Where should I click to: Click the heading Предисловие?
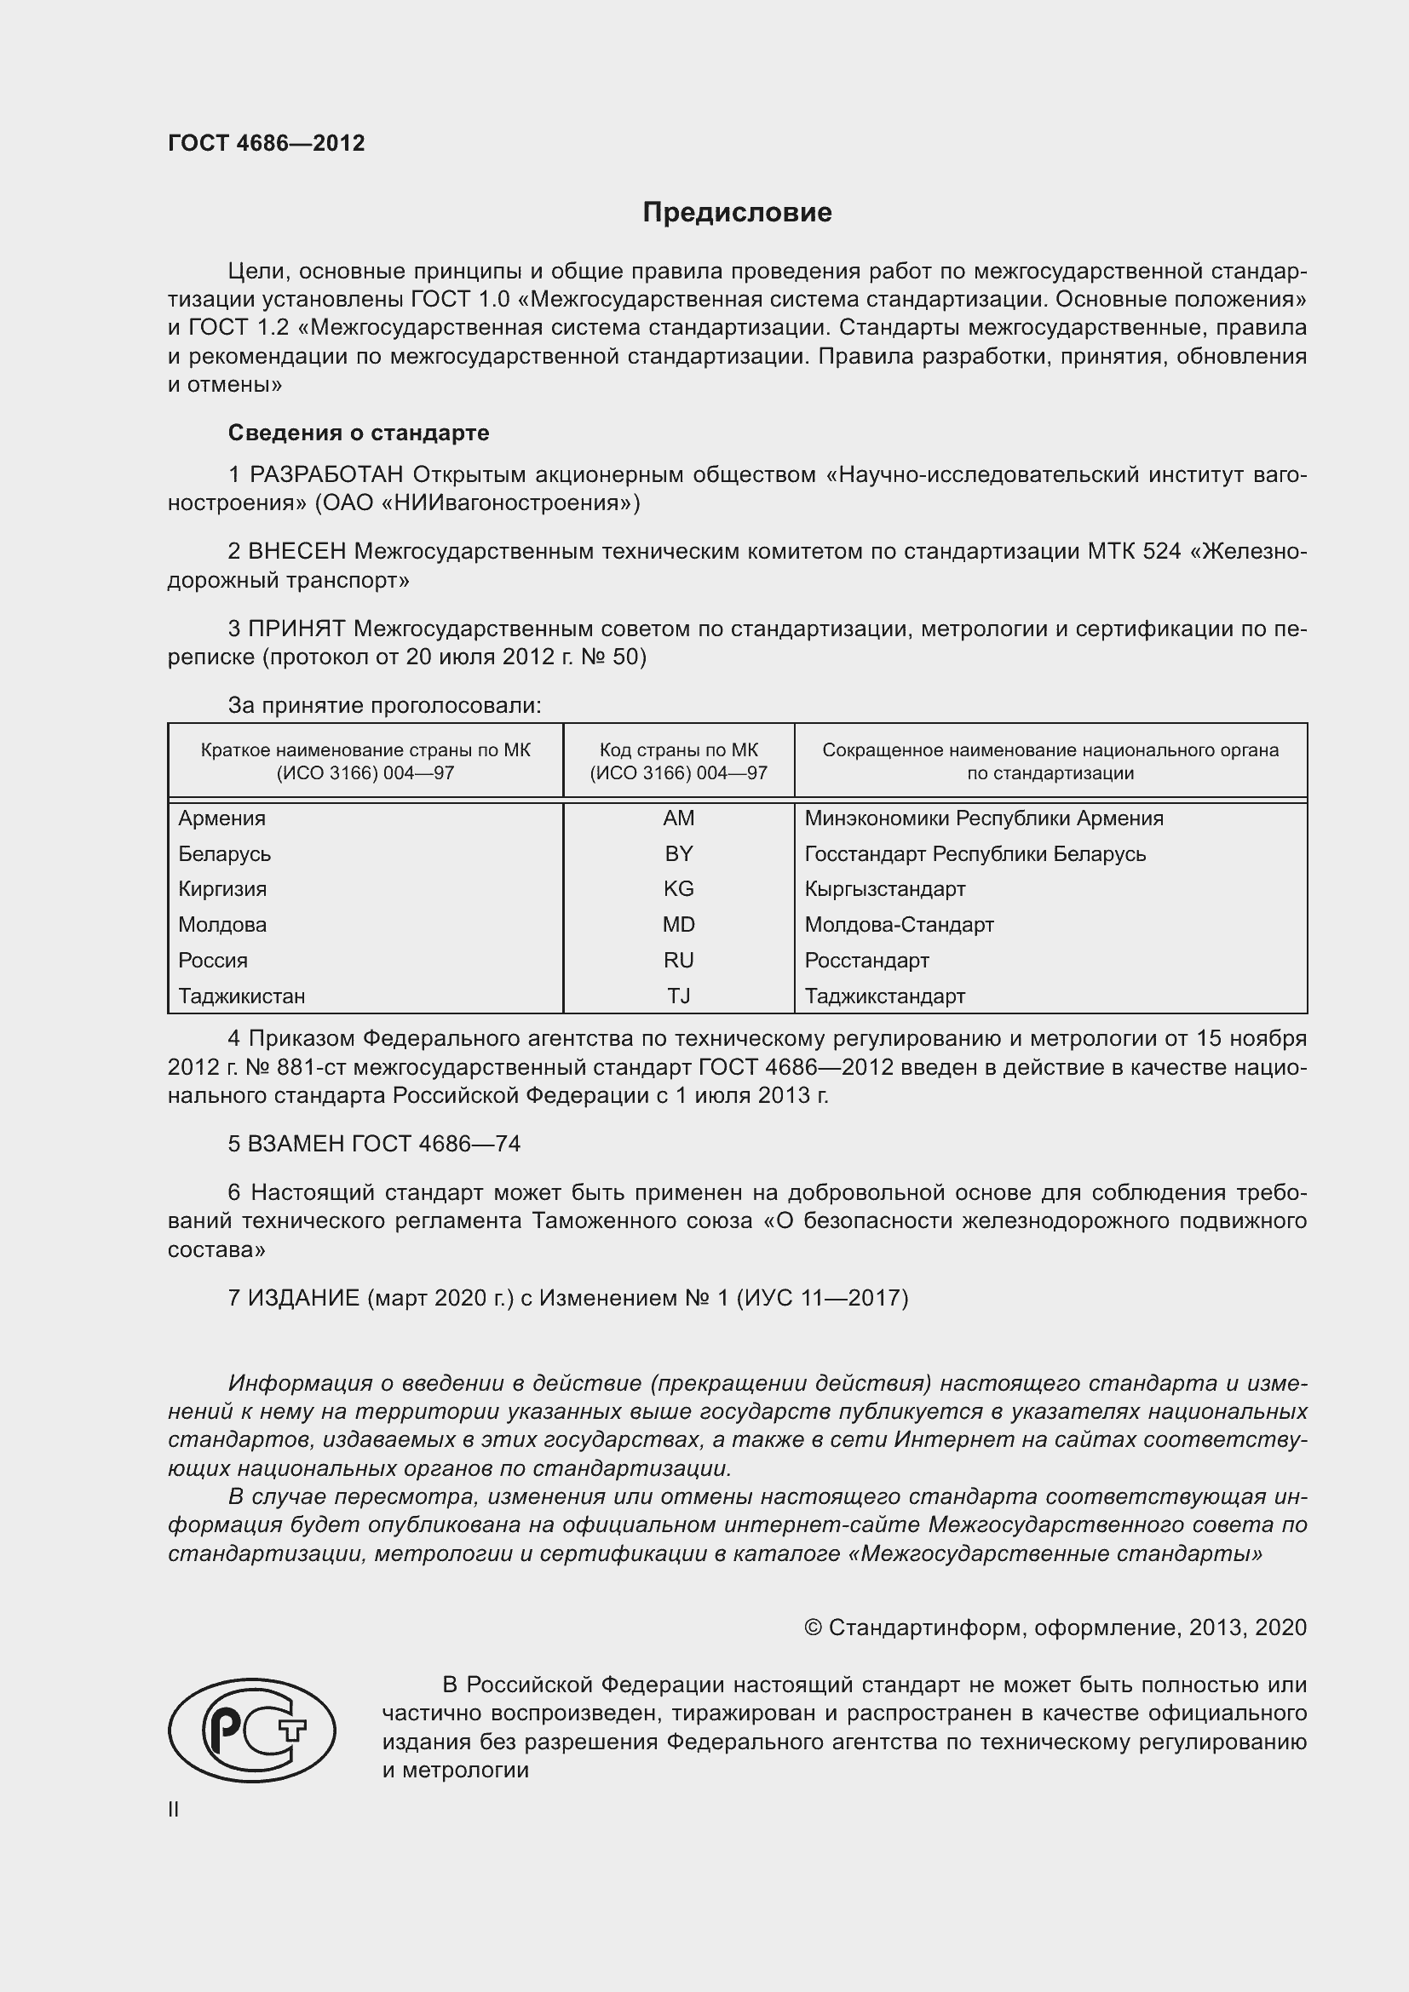pos(737,213)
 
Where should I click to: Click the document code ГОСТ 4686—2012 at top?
pos(267,143)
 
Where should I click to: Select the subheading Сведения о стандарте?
pos(359,432)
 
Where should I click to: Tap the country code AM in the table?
pos(678,818)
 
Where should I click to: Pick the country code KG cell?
pos(678,888)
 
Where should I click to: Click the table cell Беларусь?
pos(225,853)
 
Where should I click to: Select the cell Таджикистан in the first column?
pos(242,996)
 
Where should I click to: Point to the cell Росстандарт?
pos(866,961)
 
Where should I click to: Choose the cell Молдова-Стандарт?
pos(899,925)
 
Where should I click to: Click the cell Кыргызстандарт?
pos(885,888)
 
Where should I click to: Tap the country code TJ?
pos(678,996)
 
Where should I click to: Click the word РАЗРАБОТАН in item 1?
pos(326,474)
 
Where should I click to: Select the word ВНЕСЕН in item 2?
pos(296,552)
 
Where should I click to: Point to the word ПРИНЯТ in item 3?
pos(296,629)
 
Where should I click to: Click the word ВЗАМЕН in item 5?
pos(294,1144)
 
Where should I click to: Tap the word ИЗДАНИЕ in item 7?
pos(303,1297)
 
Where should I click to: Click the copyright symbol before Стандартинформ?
pos(813,1627)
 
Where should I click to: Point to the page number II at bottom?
pos(174,1809)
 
